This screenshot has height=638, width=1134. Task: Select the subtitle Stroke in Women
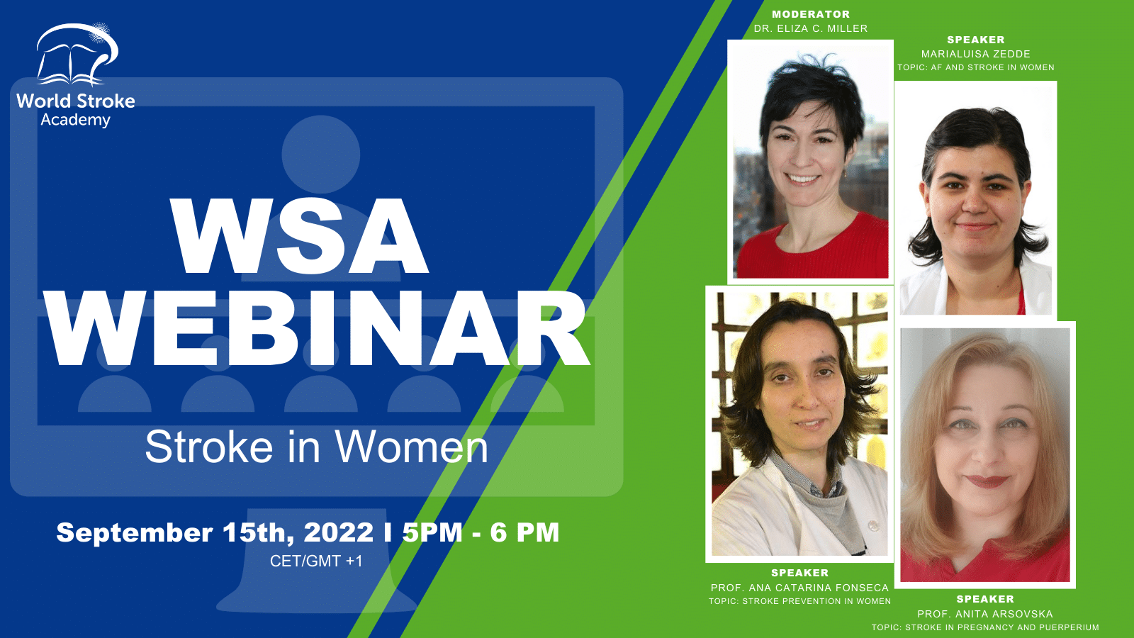(316, 447)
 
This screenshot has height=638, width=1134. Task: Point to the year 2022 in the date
(339, 532)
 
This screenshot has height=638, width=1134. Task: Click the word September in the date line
(135, 533)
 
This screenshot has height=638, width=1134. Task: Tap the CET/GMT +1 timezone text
(316, 561)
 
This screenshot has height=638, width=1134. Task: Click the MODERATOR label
(811, 14)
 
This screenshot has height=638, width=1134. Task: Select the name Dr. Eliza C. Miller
(811, 28)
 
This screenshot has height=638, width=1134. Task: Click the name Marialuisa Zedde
(975, 54)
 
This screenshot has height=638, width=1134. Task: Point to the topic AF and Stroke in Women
(976, 67)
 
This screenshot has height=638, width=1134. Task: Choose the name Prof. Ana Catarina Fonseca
(800, 588)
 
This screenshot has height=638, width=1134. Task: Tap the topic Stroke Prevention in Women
(800, 601)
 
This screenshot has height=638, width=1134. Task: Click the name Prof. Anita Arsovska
(985, 614)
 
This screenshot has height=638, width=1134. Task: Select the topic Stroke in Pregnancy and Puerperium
(985, 627)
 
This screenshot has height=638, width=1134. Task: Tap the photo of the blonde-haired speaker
(985, 454)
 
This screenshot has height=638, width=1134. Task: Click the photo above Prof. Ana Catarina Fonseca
(799, 424)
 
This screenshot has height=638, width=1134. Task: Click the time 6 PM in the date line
(524, 532)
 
